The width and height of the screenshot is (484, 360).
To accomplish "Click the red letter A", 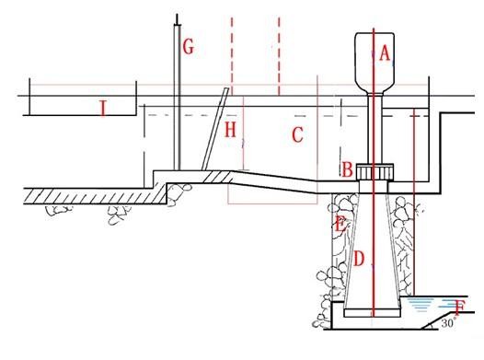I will coord(385,54).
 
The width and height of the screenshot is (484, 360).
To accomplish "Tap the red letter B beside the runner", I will coord(347,169).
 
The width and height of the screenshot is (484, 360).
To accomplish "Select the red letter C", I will coord(296,135).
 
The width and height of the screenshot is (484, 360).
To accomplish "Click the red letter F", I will coord(459,308).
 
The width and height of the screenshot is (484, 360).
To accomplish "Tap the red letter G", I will coord(188,47).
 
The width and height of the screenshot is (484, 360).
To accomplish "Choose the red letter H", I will coord(230,131).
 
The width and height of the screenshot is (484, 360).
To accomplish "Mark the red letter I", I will coord(103,110).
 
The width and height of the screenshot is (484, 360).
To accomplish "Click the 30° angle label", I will coord(449,323).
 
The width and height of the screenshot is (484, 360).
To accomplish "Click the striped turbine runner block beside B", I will coord(375,171).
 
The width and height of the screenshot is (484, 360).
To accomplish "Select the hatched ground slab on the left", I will coord(83,194).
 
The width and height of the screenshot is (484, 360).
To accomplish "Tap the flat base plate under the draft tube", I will coord(374,319).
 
